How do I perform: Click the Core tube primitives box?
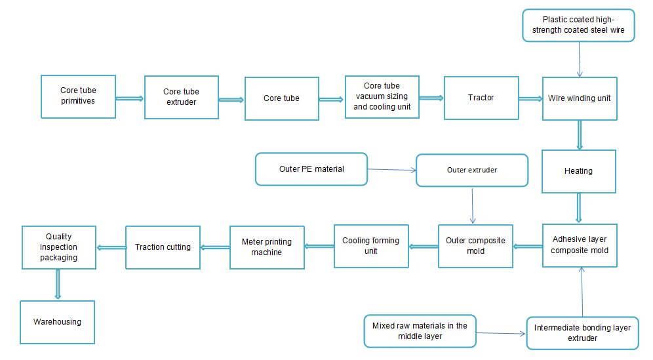tap(78, 96)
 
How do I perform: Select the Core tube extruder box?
tap(181, 97)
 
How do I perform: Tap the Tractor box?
tap(481, 98)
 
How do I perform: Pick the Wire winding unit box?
tap(579, 98)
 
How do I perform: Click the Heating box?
tap(578, 171)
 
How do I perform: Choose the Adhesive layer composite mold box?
tap(580, 245)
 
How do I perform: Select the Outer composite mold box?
tap(475, 245)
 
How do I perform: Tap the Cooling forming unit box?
tap(370, 246)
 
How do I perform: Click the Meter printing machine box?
tap(266, 247)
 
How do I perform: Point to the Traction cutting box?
tap(163, 247)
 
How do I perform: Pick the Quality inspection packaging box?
tap(58, 247)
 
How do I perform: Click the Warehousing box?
tap(57, 322)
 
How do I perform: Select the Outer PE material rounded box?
tap(311, 169)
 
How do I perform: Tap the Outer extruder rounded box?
tap(472, 170)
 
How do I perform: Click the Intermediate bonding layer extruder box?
tap(582, 332)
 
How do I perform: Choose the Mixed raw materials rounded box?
tap(420, 330)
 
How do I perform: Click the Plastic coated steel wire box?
tap(578, 25)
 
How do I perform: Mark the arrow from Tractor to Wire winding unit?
tap(530, 99)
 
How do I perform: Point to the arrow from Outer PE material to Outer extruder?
tap(391, 170)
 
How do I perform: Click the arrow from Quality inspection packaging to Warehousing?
tap(58, 284)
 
